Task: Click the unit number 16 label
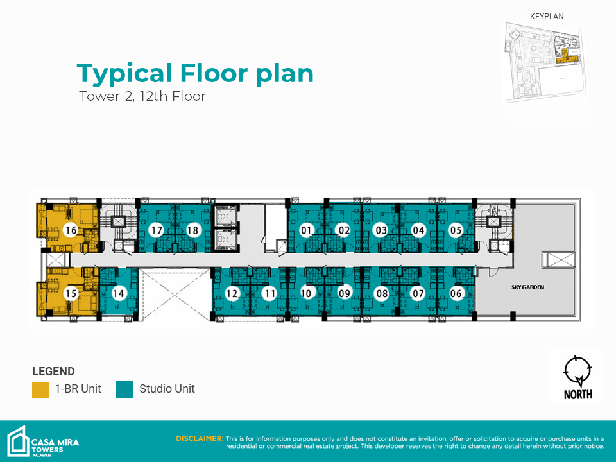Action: click(x=71, y=230)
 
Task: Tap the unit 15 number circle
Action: click(x=71, y=293)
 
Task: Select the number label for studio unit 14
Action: click(x=118, y=293)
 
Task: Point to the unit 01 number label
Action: click(x=305, y=230)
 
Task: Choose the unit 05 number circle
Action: click(x=456, y=230)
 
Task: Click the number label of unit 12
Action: click(x=232, y=293)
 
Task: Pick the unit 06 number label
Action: click(x=456, y=293)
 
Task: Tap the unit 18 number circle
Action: click(x=193, y=230)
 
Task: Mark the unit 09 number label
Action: click(x=344, y=293)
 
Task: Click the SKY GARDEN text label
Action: click(x=527, y=287)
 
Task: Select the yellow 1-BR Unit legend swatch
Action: click(x=40, y=389)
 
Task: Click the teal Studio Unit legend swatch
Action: click(x=124, y=389)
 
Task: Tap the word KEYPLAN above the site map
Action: click(x=547, y=17)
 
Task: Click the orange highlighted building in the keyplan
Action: click(x=567, y=57)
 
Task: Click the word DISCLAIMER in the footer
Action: click(x=200, y=438)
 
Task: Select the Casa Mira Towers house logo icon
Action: click(x=18, y=441)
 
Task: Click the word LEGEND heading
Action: click(x=53, y=372)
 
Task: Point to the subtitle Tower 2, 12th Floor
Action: click(x=142, y=96)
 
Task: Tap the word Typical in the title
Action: click(x=125, y=74)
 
